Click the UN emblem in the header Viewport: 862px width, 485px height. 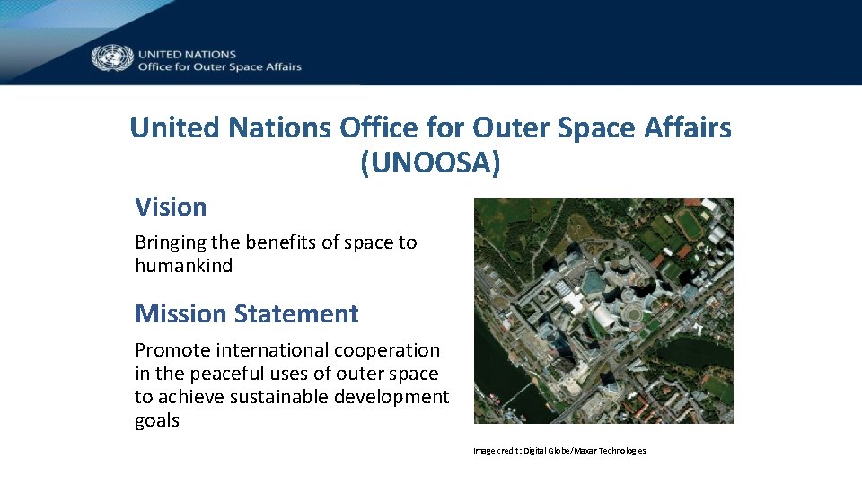click(112, 59)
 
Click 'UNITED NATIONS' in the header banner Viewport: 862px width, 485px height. click(187, 54)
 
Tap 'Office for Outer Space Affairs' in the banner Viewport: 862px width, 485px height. click(219, 66)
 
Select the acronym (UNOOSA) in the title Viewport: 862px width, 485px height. click(430, 163)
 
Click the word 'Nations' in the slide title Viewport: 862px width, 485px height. click(280, 128)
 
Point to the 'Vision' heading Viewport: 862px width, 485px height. click(171, 207)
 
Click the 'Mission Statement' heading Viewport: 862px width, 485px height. click(246, 313)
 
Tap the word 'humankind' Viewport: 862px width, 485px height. click(183, 266)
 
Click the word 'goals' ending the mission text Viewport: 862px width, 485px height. click(157, 420)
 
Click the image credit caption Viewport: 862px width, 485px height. click(559, 451)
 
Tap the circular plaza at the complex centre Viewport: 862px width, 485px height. click(633, 315)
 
